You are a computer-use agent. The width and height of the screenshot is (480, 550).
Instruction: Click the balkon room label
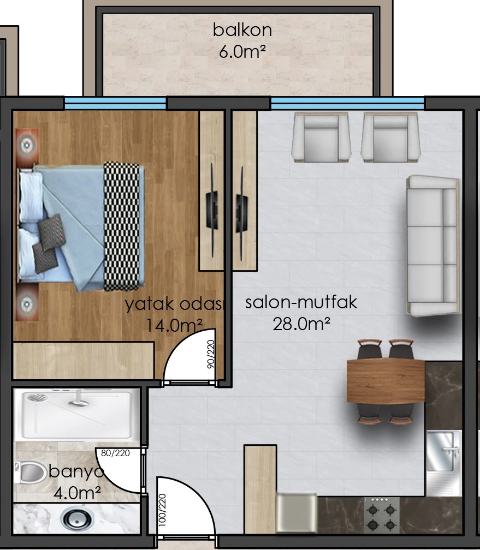coord(242,30)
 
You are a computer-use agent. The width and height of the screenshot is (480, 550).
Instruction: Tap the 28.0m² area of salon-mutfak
coord(301,324)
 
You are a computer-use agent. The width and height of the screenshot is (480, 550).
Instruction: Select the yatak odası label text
coord(174,304)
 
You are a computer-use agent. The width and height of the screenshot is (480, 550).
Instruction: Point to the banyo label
coord(76,471)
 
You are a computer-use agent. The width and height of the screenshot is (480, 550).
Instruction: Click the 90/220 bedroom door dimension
coord(211,354)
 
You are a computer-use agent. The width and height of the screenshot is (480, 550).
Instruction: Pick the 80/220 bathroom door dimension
coord(115,453)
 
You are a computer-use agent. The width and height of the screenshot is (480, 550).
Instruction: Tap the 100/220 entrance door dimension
coord(162,510)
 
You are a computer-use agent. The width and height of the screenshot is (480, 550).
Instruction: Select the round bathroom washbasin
coord(77,518)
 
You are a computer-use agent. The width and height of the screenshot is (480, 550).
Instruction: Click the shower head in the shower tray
coord(37,397)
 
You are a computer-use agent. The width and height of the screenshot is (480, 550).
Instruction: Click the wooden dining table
coord(386,381)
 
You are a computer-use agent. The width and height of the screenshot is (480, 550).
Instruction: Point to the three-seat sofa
coord(433,246)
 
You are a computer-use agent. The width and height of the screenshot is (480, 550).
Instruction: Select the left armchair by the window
coord(321,137)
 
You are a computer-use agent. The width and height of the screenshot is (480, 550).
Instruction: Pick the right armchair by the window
coord(390,137)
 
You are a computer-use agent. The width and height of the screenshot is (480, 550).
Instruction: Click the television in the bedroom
coord(212,211)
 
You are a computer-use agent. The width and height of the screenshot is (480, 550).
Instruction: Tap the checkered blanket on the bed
coord(121,226)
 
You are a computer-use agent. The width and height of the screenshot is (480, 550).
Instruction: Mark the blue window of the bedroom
coord(115,104)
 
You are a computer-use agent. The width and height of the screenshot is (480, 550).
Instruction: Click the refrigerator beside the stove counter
coord(297,513)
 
